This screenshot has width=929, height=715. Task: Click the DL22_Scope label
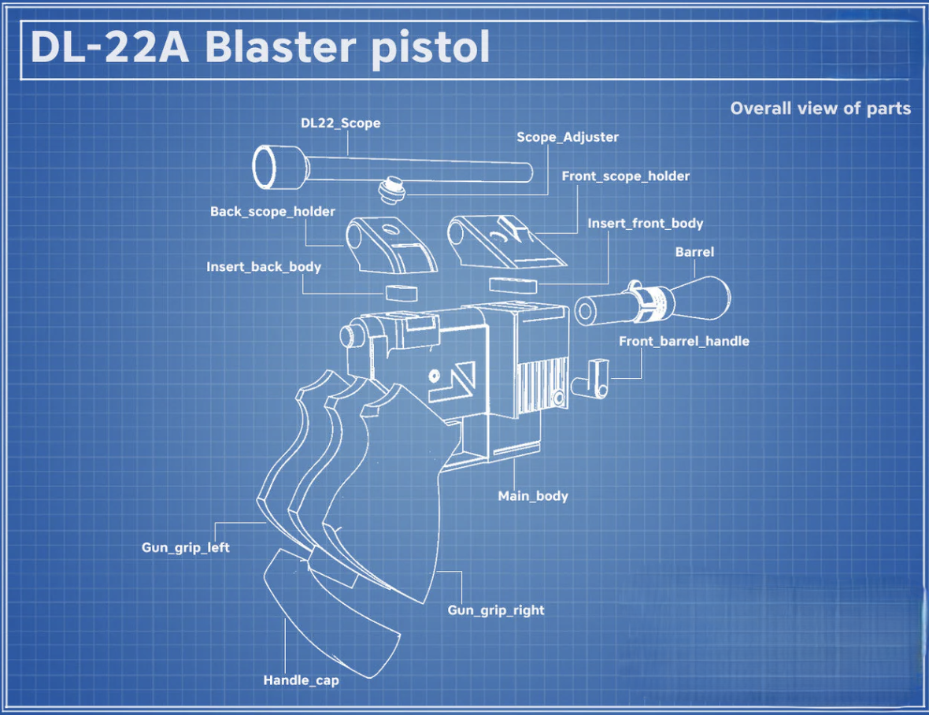(x=340, y=124)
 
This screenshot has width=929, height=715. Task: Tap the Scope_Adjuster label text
(x=567, y=137)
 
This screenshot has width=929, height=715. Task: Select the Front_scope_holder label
(x=625, y=176)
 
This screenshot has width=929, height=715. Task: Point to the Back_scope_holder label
(x=272, y=212)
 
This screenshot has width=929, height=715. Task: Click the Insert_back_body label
(x=264, y=267)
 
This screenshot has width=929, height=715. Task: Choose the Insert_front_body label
(x=645, y=224)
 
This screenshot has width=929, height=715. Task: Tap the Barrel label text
(x=694, y=252)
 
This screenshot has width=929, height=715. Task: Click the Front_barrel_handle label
(x=683, y=342)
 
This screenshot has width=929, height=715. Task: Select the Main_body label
(x=532, y=496)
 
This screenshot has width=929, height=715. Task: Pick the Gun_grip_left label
(x=186, y=547)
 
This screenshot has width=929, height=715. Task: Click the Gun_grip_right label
(x=496, y=610)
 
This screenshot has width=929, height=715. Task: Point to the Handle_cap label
(x=301, y=680)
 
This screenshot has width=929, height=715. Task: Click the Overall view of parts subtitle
(x=820, y=109)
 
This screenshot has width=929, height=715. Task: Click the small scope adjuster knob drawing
(x=390, y=189)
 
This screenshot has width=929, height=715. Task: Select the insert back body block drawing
(x=400, y=291)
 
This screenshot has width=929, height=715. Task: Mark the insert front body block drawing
(x=513, y=283)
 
